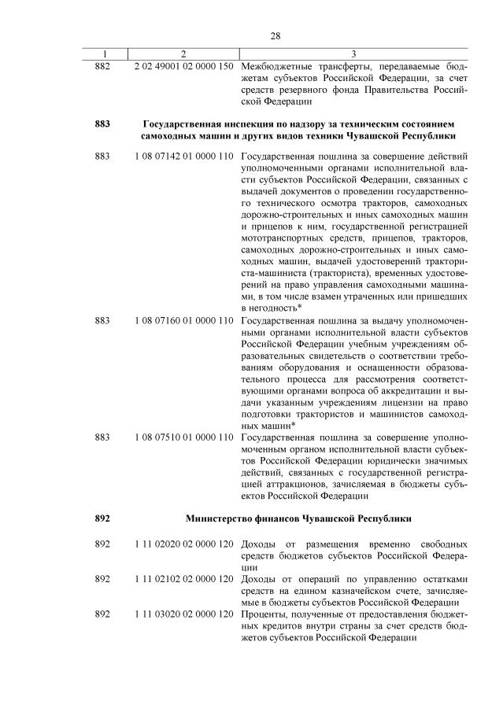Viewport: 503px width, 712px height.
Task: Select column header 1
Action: pos(102,53)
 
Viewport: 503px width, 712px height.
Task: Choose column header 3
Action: pos(353,53)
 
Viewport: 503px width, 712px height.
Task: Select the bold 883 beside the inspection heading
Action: pos(102,124)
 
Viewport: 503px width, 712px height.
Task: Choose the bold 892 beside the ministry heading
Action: pos(102,518)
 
